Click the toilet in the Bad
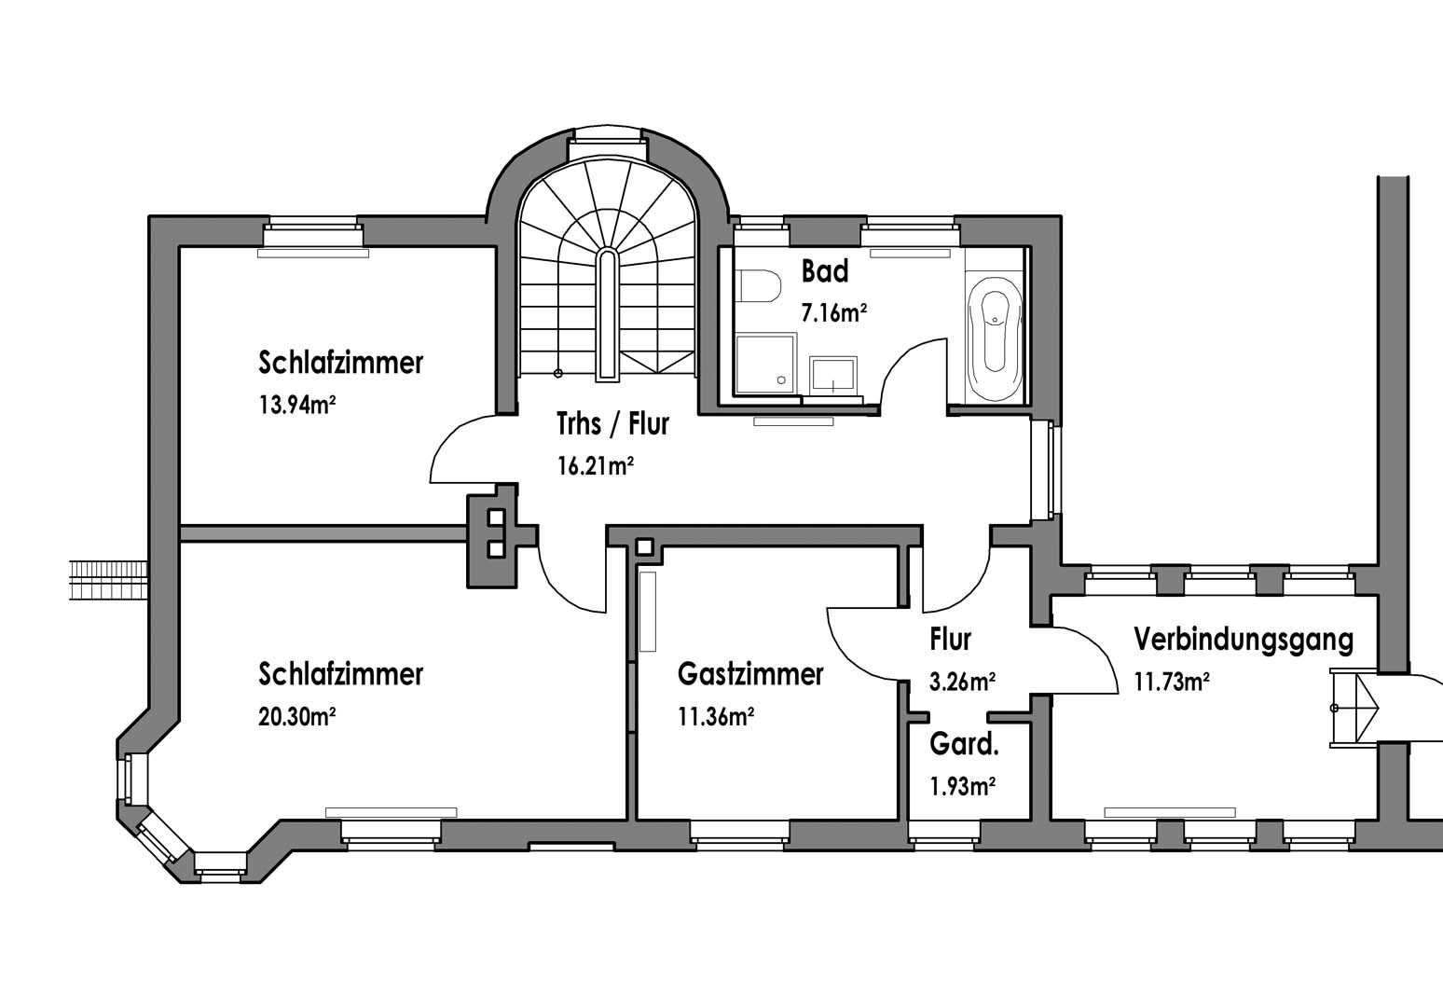click(758, 286)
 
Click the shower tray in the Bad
click(764, 364)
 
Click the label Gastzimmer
click(750, 674)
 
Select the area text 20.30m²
click(296, 717)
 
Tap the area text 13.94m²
click(296, 406)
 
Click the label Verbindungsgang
click(1244, 640)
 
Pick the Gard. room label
click(965, 745)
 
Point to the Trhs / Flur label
click(612, 424)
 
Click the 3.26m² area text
click(963, 683)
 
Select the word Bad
click(825, 272)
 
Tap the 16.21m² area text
click(596, 466)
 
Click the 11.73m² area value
click(1172, 683)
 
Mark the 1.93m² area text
click(963, 787)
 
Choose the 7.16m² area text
click(834, 313)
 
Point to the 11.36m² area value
click(716, 717)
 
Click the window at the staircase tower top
click(608, 137)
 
